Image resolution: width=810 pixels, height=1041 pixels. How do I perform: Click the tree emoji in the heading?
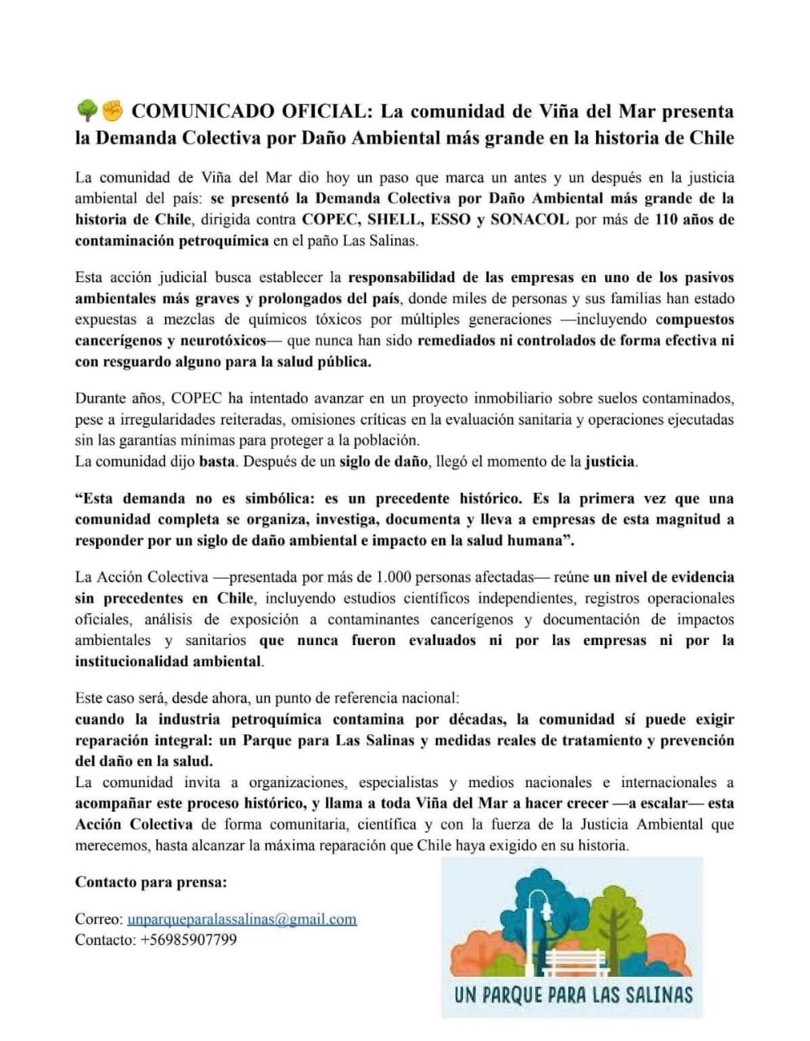(x=87, y=110)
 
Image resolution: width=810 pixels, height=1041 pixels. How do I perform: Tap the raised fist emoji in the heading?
(x=111, y=110)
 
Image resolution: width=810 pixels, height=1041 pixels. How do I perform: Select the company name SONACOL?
(x=529, y=219)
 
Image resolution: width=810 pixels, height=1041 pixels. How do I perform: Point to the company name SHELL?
(x=395, y=219)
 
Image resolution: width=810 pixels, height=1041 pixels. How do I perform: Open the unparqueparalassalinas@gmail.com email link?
(x=242, y=919)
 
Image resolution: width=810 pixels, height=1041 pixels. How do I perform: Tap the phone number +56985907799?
(x=189, y=940)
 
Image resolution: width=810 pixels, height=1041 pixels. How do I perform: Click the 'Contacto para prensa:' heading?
(x=151, y=882)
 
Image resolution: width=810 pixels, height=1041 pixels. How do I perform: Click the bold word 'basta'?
(x=217, y=462)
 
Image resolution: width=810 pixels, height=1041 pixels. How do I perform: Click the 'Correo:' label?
(x=99, y=919)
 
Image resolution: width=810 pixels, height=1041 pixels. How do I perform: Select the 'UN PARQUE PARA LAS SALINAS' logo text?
(x=573, y=994)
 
